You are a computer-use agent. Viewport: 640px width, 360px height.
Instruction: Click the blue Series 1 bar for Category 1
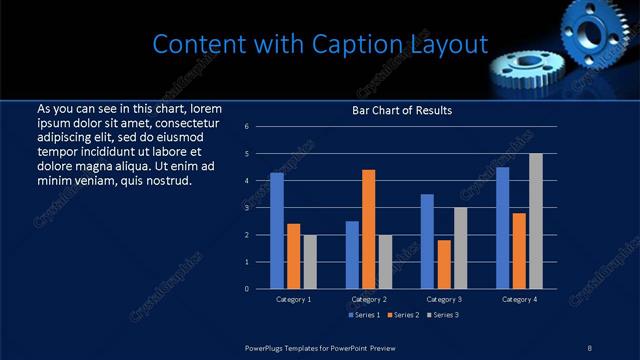tap(277, 231)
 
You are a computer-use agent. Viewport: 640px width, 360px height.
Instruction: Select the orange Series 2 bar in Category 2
tap(368, 229)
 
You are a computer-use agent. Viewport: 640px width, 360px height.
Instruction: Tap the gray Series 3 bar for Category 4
tap(536, 221)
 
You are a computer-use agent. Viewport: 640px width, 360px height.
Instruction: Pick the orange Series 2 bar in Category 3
tap(444, 264)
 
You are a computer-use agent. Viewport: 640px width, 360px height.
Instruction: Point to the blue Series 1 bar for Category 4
tap(502, 228)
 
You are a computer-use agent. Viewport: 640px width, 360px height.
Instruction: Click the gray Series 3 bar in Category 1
tap(309, 262)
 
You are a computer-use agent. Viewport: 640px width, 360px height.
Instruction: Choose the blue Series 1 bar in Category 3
tap(427, 241)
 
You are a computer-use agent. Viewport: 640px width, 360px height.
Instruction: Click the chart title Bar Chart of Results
tap(402, 110)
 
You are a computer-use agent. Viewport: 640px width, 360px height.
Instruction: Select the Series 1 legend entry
tap(364, 316)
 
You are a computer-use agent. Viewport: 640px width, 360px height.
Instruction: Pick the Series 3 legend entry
tap(441, 316)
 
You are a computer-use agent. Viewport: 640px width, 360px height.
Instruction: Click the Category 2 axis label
tap(369, 299)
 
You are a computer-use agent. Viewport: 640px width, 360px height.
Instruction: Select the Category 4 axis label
tap(519, 299)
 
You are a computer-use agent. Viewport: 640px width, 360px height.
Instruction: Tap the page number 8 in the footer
tap(590, 346)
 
